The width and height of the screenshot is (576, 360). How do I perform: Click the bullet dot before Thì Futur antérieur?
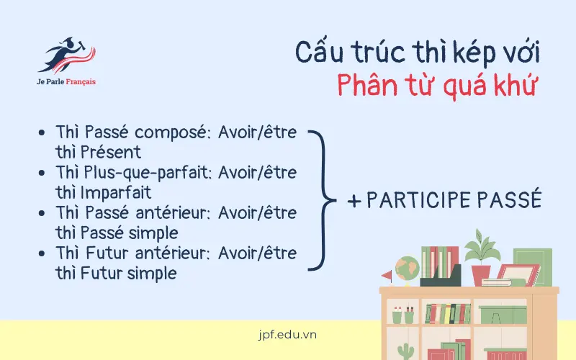(x=42, y=254)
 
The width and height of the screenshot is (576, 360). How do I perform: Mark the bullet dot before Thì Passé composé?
(x=42, y=134)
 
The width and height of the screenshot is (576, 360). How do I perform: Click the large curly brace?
(x=323, y=199)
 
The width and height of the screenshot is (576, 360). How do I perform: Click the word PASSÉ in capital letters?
(x=510, y=200)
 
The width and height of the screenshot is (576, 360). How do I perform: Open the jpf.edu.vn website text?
(x=287, y=335)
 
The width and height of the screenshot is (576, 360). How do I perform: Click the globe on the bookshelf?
(x=408, y=267)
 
